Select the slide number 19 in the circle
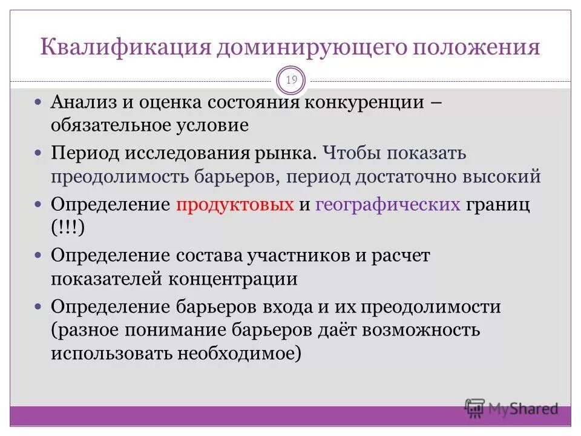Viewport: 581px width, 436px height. click(x=291, y=81)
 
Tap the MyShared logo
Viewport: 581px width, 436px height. click(x=512, y=408)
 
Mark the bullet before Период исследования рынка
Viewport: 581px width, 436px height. click(x=38, y=152)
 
